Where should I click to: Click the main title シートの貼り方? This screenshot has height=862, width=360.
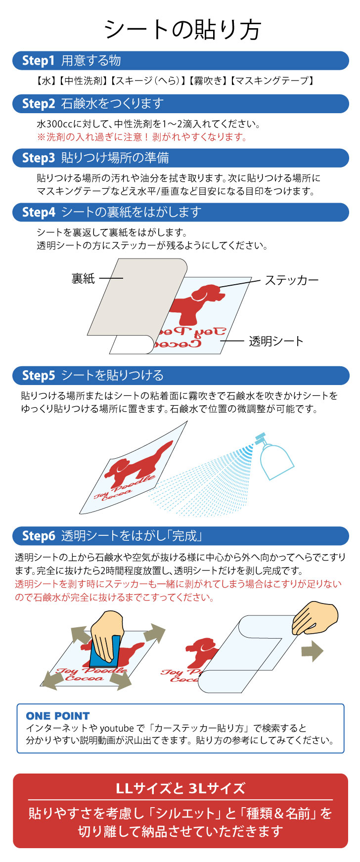pos(182,30)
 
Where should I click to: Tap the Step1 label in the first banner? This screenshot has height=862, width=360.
pos(38,61)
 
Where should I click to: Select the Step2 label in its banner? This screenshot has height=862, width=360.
pos(38,104)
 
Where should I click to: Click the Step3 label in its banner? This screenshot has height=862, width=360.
pos(38,158)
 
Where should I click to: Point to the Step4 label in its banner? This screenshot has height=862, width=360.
pos(38,213)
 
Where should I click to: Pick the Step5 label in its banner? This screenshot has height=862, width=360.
pos(38,376)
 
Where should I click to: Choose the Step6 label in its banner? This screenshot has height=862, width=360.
pos(38,536)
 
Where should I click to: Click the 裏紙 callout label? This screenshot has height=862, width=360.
pos(83,279)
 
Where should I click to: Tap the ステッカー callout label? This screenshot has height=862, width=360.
pos(291,280)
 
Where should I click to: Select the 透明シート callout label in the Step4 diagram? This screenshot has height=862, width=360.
pos(276,341)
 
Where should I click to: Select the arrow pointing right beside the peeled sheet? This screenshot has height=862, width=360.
pos(312,651)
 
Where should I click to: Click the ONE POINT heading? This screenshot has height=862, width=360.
pos(58,716)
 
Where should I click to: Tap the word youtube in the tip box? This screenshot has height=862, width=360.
pos(117,728)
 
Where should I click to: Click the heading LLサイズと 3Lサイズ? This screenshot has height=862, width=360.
pos(180,788)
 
